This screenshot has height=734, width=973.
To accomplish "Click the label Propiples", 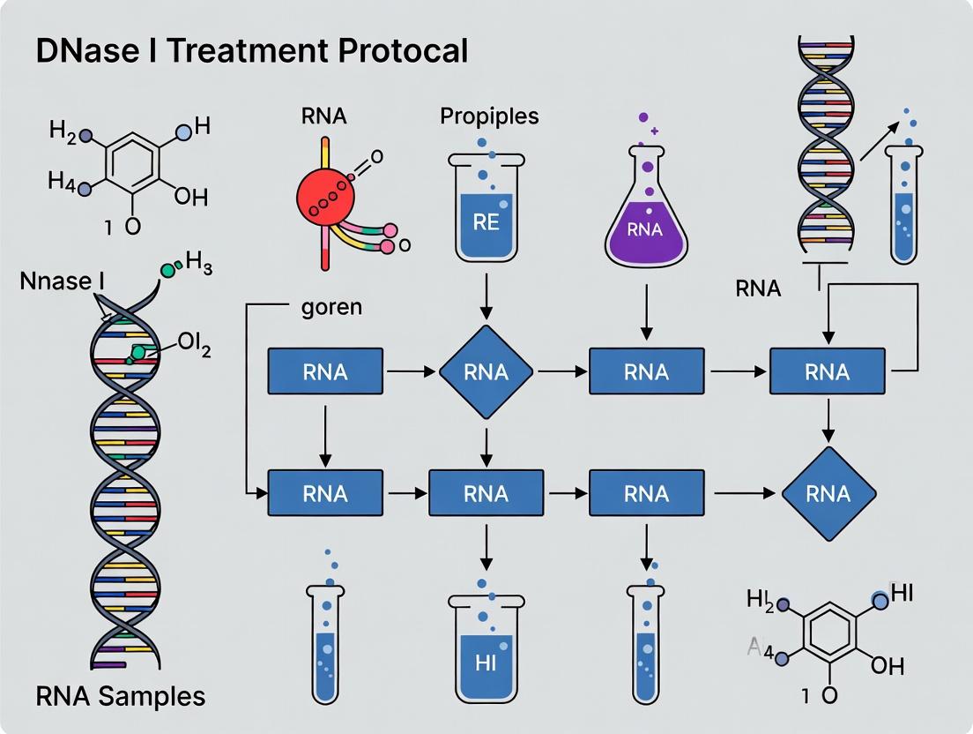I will tap(489, 116).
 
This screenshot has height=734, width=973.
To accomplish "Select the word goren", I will tap(331, 308).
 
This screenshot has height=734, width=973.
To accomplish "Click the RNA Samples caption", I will tap(120, 696).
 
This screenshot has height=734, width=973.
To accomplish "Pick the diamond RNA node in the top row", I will tap(486, 371).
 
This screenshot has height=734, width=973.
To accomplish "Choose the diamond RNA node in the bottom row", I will tap(828, 493).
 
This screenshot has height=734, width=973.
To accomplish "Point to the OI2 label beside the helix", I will tap(193, 345).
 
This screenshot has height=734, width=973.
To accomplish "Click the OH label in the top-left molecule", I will tap(190, 196).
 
